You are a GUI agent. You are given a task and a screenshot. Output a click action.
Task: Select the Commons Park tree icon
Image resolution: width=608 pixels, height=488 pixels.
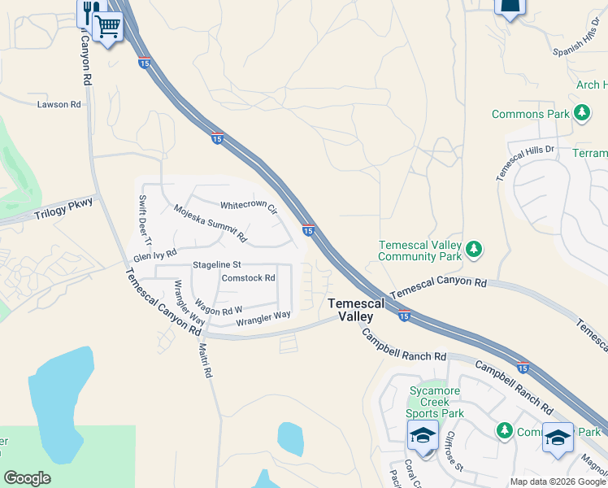pos(582,114)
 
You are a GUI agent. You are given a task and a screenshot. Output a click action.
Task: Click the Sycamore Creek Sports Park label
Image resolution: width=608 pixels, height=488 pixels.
pos(436,402)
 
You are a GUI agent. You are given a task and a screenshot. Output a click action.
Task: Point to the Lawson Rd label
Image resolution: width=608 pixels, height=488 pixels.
pos(59,104)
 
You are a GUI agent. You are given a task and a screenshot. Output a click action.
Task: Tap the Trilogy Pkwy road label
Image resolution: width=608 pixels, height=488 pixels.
pos(64,214)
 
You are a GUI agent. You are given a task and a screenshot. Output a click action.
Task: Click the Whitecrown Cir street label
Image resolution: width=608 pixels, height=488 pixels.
pos(249,206)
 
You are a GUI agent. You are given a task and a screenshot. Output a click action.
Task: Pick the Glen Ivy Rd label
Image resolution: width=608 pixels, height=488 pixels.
pos(154,255)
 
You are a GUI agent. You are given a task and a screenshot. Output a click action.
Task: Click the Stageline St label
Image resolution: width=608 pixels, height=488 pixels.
pos(217,265)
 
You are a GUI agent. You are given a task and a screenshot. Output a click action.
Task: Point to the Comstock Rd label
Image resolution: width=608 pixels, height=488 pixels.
pos(249,277)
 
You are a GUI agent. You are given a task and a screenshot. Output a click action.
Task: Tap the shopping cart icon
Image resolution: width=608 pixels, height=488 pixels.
pos(107,28)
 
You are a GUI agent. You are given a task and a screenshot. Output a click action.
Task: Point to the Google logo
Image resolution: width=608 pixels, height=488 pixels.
pos(27,478)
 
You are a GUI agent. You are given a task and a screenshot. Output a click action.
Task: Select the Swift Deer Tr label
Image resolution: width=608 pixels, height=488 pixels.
pos(145,220)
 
